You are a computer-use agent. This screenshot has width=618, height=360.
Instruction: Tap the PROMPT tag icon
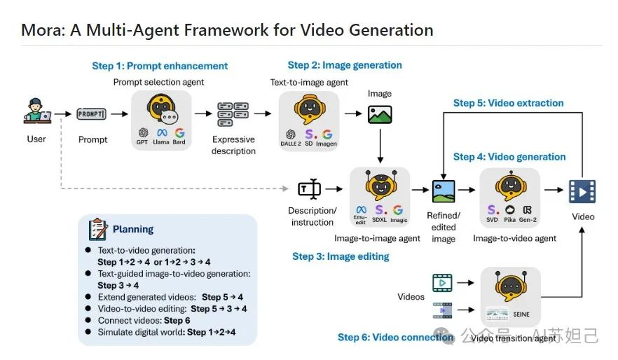point(91,114)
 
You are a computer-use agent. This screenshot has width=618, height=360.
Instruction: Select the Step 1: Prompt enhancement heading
point(160,66)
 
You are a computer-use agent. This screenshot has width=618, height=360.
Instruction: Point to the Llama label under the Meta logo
point(161,142)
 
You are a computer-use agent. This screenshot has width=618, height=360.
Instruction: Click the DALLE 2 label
point(291,144)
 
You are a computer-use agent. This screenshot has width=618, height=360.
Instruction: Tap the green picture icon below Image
point(379,115)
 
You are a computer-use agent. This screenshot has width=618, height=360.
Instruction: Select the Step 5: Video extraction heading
point(508,103)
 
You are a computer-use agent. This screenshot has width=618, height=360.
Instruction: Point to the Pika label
point(509,220)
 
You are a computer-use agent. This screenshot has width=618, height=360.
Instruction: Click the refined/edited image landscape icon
point(443,191)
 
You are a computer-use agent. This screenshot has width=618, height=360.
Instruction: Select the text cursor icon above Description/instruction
point(309,189)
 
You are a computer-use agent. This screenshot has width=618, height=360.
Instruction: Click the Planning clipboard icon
point(98,229)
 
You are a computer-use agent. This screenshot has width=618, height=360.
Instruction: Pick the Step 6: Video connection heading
point(395,337)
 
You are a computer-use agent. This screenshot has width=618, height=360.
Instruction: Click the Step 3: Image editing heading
point(341,256)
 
